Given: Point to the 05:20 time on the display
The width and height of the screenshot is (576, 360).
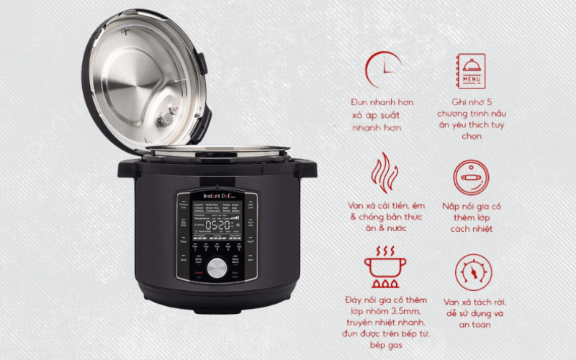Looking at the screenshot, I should (217, 225).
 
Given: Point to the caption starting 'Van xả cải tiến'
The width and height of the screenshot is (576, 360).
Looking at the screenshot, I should (383, 217).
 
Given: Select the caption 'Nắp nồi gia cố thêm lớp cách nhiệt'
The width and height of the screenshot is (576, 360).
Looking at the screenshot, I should (473, 217).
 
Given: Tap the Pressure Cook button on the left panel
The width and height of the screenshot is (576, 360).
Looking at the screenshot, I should (184, 206).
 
